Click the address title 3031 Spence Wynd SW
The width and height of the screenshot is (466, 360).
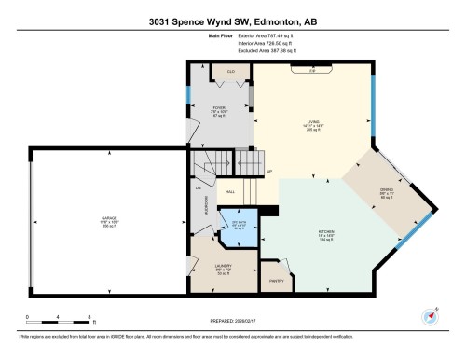[233, 21]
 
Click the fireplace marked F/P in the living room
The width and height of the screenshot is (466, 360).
[313, 70]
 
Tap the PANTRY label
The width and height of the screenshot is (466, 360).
[277, 280]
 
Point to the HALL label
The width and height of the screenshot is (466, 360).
[229, 193]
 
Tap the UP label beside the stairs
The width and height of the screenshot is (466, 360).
[269, 173]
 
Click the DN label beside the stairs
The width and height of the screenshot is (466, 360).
[199, 187]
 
